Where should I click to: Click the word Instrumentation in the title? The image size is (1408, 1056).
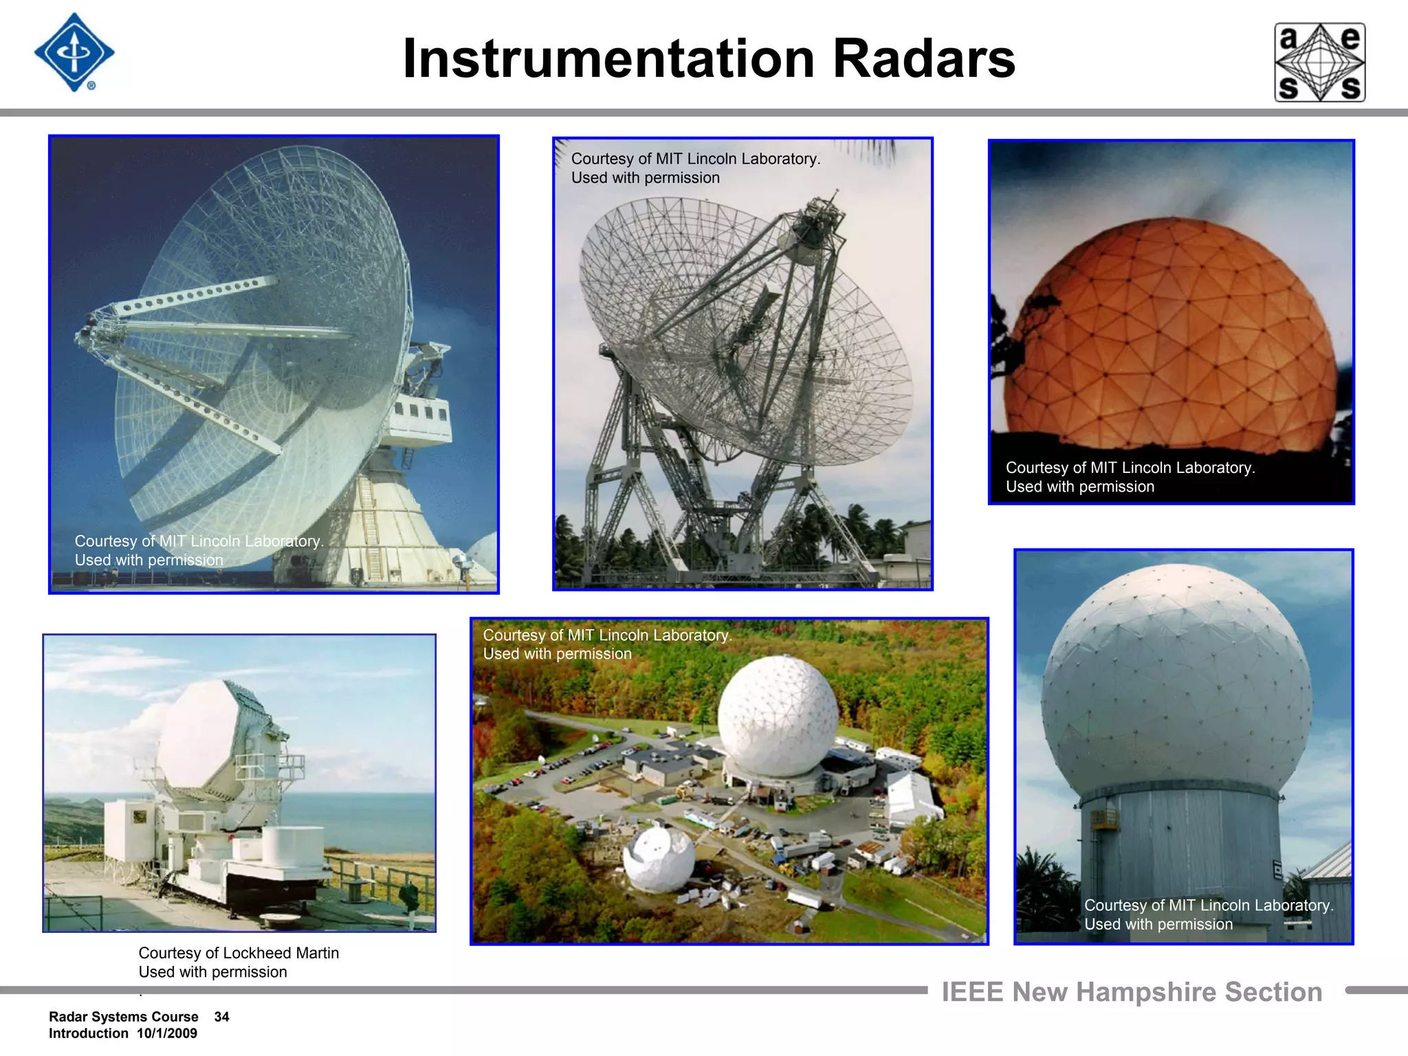[608, 58]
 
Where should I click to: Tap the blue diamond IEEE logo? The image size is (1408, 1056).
[74, 53]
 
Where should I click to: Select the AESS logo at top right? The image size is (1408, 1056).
[1319, 63]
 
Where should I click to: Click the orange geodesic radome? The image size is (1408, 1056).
[1169, 337]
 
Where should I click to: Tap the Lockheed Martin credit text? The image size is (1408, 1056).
[239, 962]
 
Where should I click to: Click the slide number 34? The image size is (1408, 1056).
[221, 1017]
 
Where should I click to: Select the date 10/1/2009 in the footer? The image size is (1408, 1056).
[166, 1033]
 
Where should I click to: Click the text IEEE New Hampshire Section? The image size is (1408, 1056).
[1132, 992]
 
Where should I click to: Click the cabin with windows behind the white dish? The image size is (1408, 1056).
[420, 416]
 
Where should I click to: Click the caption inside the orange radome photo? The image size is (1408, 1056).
[1130, 477]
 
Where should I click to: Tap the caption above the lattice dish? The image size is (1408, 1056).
[695, 168]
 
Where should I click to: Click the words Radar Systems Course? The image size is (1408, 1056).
[123, 1017]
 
